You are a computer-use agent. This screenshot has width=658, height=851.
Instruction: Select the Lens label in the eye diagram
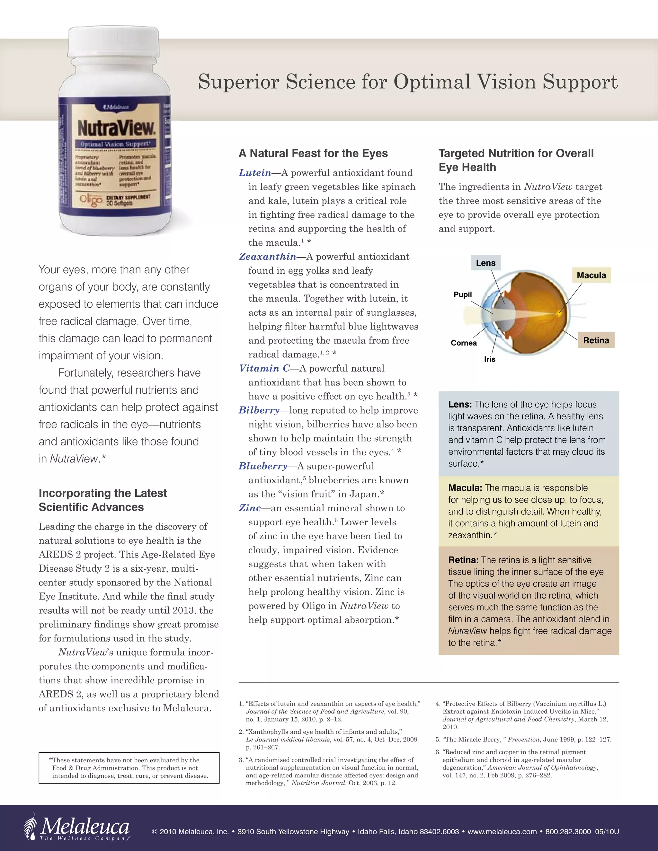(485, 263)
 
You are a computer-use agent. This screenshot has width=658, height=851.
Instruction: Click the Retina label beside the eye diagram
(596, 340)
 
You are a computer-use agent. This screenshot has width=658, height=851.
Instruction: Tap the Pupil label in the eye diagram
(462, 294)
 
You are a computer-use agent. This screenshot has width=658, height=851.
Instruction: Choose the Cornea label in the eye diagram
(464, 343)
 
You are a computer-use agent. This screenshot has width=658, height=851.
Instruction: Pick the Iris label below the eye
(490, 359)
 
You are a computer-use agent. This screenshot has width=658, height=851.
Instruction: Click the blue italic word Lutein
(255, 173)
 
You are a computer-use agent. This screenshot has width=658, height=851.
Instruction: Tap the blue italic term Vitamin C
(264, 369)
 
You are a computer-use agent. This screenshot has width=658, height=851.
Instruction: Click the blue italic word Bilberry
(259, 410)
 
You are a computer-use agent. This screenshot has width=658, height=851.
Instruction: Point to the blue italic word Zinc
(250, 508)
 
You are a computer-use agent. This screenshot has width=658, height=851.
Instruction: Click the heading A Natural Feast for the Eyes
(313, 154)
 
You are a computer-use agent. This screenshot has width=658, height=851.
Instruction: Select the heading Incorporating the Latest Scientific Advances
(102, 500)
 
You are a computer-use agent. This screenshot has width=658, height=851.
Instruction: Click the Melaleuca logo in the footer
(77, 827)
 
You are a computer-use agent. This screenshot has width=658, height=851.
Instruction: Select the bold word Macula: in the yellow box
(465, 488)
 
